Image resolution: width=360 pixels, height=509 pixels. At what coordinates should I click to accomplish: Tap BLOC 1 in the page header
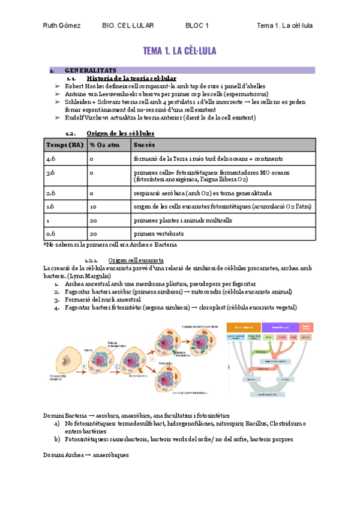click(x=197, y=26)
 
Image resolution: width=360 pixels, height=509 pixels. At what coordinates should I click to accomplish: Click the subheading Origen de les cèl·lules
click(x=120, y=133)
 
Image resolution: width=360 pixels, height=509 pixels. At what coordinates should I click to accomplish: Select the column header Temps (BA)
click(x=65, y=145)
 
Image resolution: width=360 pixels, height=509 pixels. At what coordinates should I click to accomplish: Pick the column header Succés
click(x=144, y=145)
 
